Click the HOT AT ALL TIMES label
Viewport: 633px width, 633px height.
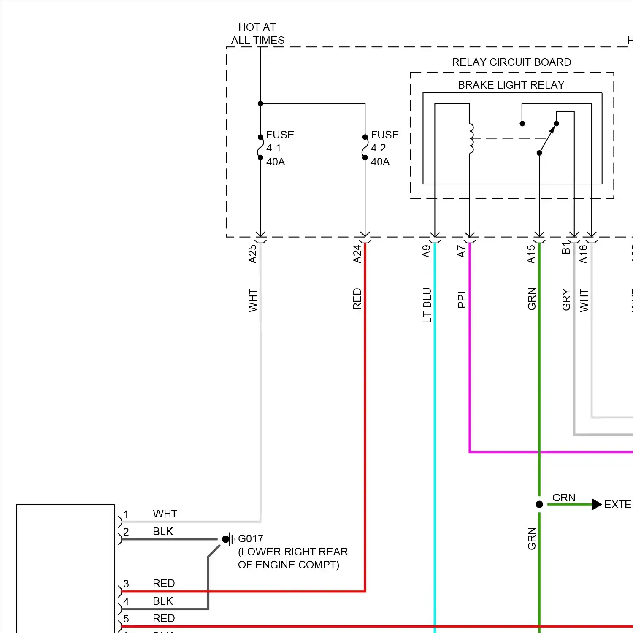tap(257, 34)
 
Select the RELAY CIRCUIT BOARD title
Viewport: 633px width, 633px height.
tap(511, 62)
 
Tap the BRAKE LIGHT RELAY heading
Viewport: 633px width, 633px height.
tap(511, 85)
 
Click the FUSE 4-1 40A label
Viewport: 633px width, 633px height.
tap(279, 148)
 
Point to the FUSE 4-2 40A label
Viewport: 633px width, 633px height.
tap(384, 148)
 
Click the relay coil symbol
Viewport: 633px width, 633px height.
tap(471, 138)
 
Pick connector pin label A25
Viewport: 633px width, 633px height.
tap(252, 254)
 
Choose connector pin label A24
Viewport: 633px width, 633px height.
tap(357, 254)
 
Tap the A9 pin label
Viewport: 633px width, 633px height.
tap(426, 252)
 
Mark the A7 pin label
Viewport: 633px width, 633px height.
tap(461, 252)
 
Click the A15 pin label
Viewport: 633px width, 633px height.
tap(531, 254)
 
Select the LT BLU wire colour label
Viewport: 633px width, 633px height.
tap(427, 305)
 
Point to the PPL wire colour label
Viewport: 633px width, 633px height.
tap(462, 298)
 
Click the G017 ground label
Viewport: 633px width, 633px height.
tap(251, 539)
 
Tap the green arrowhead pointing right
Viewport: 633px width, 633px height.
tap(596, 504)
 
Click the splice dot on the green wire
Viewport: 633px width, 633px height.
tap(539, 504)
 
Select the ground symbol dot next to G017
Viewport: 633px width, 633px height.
tap(226, 539)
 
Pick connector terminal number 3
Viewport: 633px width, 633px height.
tap(126, 584)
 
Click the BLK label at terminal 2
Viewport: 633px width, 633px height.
tap(163, 531)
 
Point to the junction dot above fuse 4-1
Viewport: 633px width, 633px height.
tap(260, 103)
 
